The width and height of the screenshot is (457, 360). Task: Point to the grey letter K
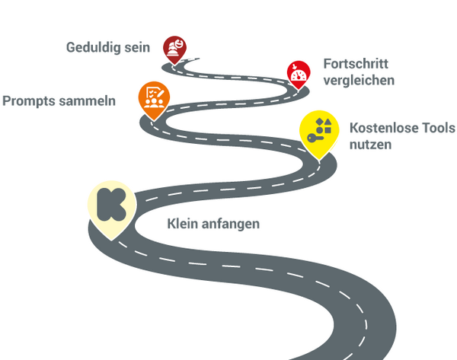[x=111, y=202]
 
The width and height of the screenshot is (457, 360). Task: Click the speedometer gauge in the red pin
[x=297, y=74]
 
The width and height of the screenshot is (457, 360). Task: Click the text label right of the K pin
[x=213, y=225]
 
